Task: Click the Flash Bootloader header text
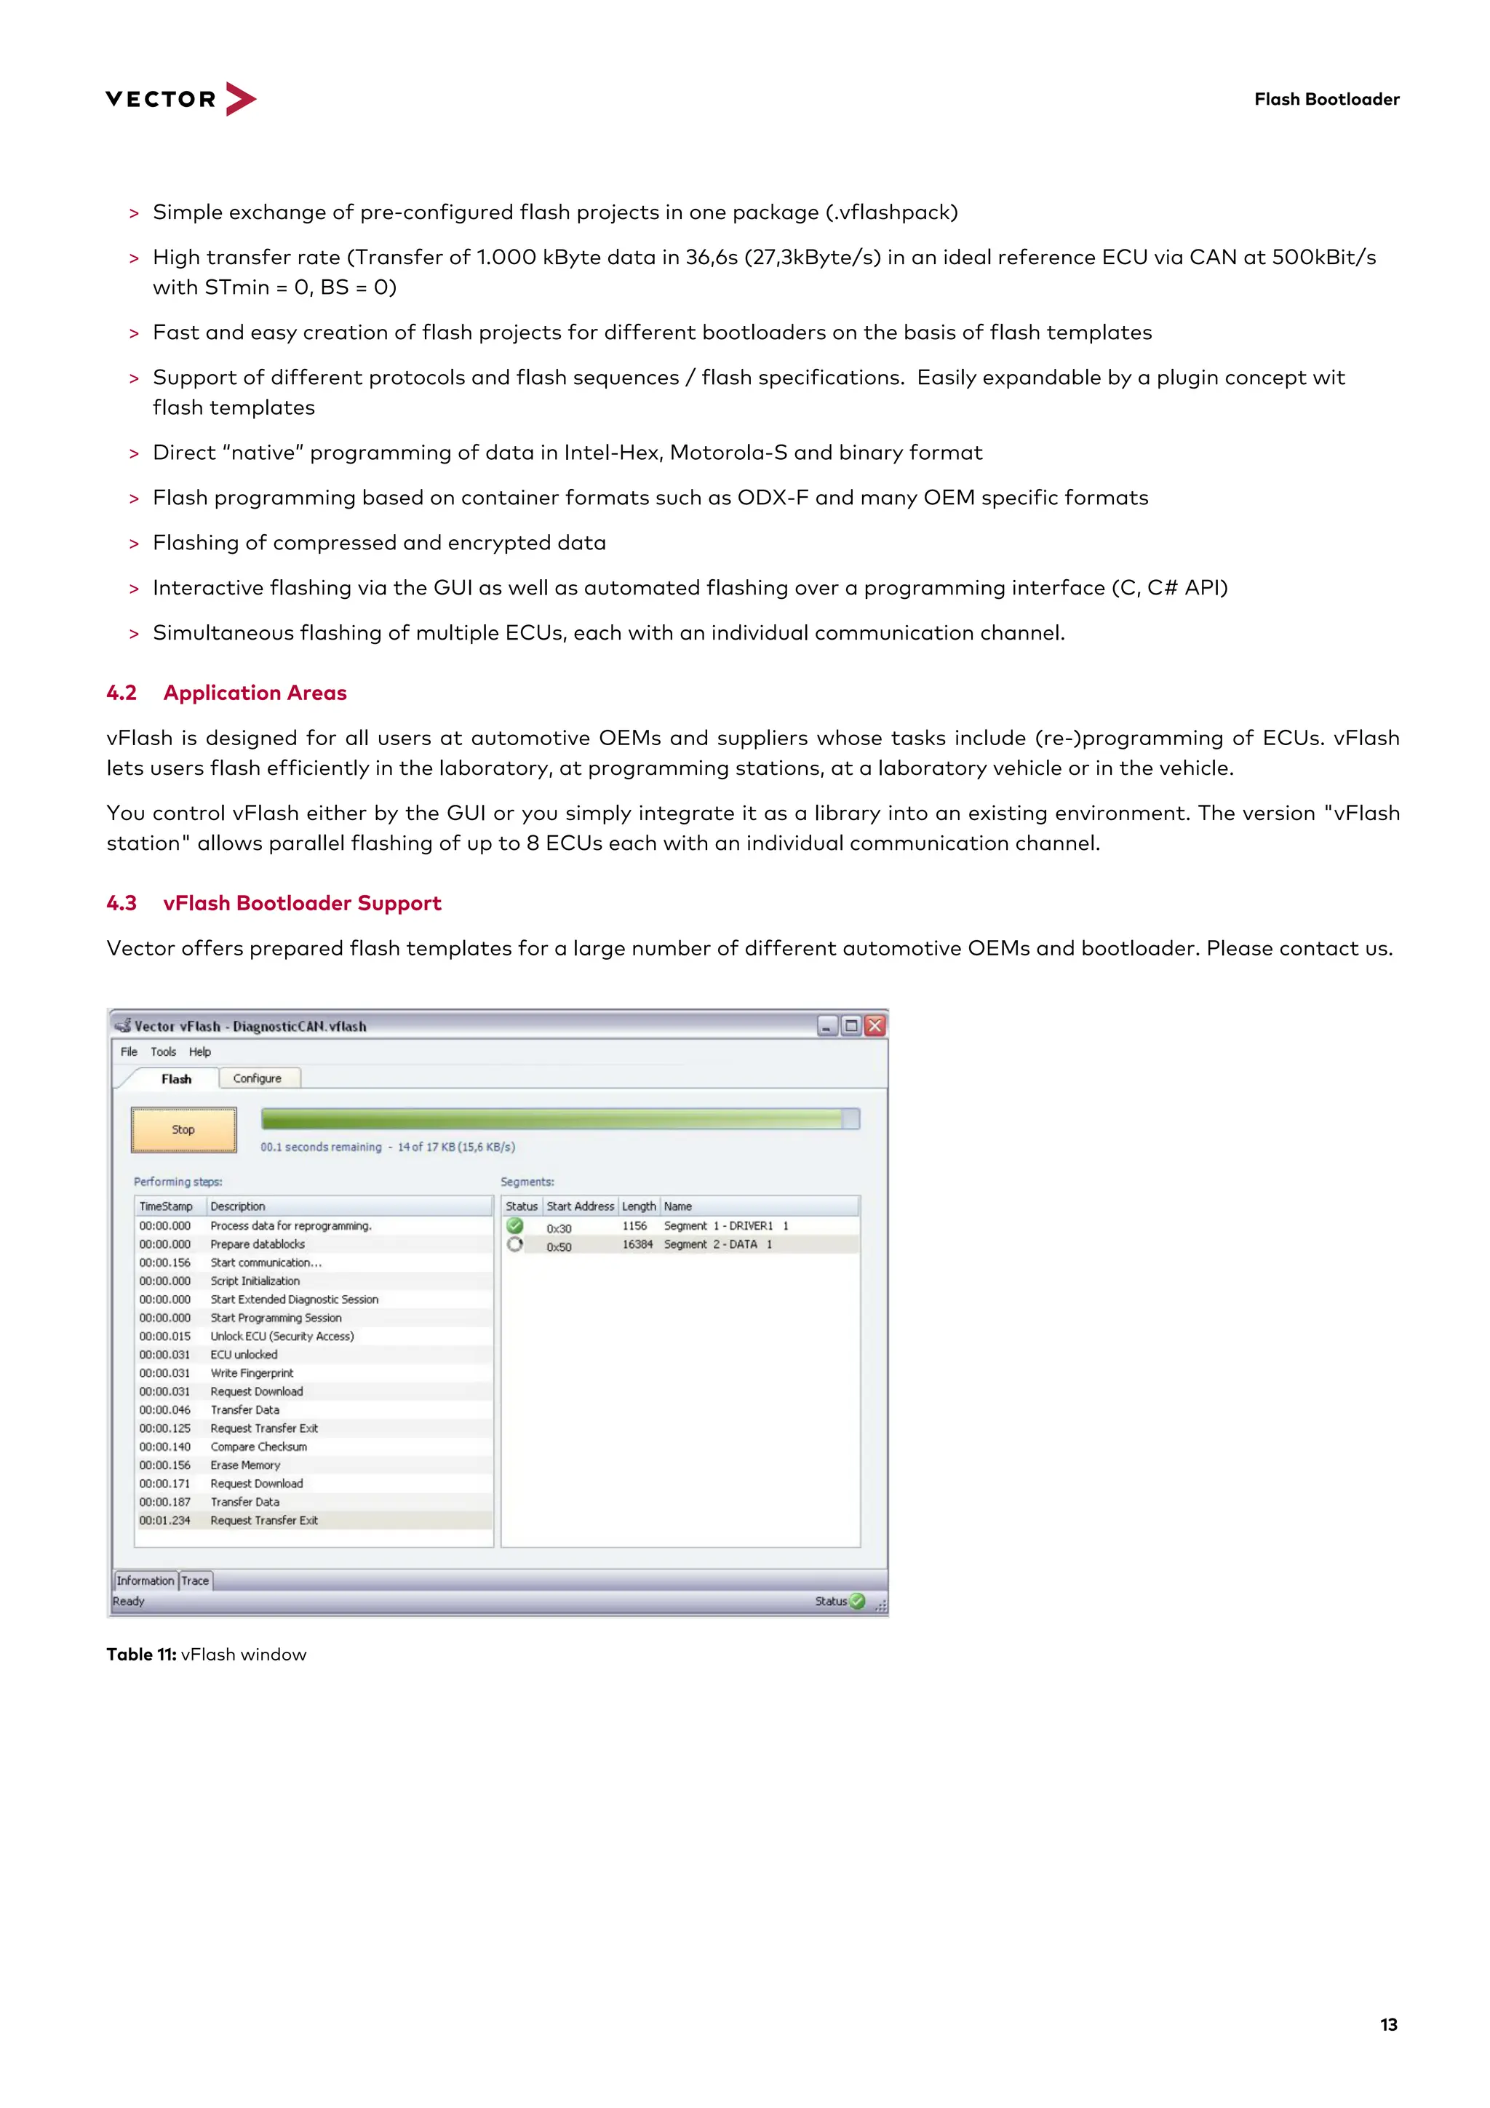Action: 1326,99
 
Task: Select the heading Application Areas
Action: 255,693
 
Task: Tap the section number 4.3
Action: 121,904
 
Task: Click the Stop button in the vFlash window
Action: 183,1129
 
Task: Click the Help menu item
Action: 200,1052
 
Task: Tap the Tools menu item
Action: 164,1052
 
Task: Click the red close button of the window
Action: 875,1025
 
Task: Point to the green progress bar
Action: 551,1118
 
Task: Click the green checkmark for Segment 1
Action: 515,1225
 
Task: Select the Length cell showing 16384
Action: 637,1244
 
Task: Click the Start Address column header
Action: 580,1206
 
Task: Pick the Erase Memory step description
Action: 245,1465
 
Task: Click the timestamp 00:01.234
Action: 165,1520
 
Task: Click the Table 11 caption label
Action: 141,1655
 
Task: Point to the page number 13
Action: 1388,2024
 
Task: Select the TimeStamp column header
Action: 166,1206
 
